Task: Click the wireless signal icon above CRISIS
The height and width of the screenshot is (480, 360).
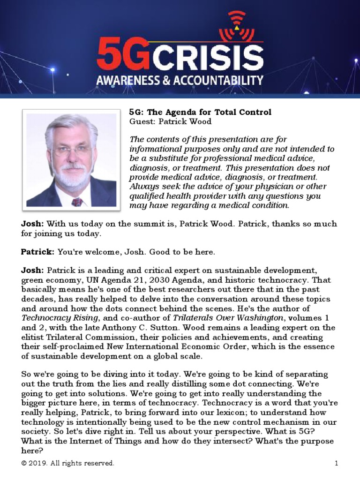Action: pos(237,26)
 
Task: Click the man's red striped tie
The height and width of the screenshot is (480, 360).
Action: pos(77,202)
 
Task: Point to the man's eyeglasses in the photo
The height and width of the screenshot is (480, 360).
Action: pos(71,151)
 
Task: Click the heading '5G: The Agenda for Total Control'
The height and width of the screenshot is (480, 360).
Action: pos(200,112)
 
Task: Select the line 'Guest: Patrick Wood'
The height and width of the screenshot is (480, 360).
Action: pos(170,121)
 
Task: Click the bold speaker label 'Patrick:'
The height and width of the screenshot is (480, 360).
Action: pos(37,252)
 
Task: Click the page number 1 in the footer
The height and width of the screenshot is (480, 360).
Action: pos(336,463)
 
